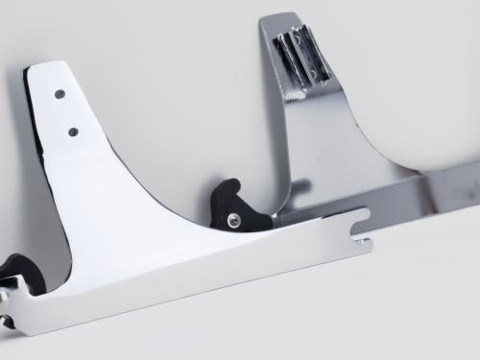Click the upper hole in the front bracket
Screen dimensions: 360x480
coord(60,94)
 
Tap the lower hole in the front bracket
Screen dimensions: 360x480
coord(72,130)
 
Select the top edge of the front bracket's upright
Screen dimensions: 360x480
coord(53,65)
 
